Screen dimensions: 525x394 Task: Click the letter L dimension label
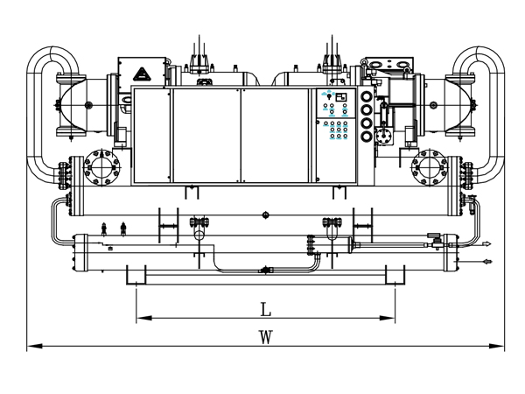point(265,309)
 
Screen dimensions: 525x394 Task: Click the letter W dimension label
point(265,337)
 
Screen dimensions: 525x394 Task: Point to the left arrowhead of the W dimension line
point(34,346)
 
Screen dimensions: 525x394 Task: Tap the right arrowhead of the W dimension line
point(496,346)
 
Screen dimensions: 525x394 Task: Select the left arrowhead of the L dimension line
point(144,318)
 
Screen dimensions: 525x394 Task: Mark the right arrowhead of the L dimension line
point(387,318)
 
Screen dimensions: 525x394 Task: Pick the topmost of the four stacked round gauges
point(367,97)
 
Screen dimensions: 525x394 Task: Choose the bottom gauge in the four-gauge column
point(367,136)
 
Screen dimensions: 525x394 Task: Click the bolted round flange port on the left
point(101,167)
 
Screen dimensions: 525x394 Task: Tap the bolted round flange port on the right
point(430,167)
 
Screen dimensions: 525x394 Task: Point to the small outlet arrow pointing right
point(486,244)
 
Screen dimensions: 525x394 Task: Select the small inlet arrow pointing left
point(487,261)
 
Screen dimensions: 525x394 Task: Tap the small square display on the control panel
point(341,97)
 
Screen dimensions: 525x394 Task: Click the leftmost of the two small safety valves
point(104,229)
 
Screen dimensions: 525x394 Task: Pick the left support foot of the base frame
point(136,275)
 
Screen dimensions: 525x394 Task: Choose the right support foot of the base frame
point(395,275)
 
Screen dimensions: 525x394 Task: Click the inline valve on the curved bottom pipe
point(266,270)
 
